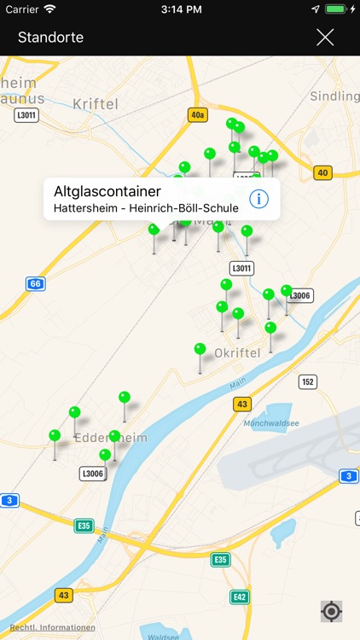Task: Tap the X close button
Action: pyautogui.click(x=325, y=37)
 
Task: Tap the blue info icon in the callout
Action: pyautogui.click(x=258, y=200)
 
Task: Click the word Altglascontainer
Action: pyautogui.click(x=107, y=191)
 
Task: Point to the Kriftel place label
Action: pyautogui.click(x=95, y=103)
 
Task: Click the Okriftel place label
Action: pyautogui.click(x=236, y=352)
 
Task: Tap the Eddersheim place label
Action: pyautogui.click(x=111, y=438)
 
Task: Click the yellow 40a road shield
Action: pyautogui.click(x=198, y=114)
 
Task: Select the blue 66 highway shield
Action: pyautogui.click(x=35, y=283)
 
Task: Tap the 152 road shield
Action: pyautogui.click(x=308, y=381)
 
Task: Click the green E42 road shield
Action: pyautogui.click(x=240, y=597)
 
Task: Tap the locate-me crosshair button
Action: pyautogui.click(x=331, y=611)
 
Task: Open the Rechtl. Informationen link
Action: pyautogui.click(x=52, y=628)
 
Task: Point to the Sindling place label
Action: pyautogui.click(x=334, y=96)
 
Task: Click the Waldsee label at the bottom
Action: pyautogui.click(x=163, y=636)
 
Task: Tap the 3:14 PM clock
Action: pyautogui.click(x=179, y=9)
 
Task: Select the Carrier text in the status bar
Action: pyautogui.click(x=22, y=9)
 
